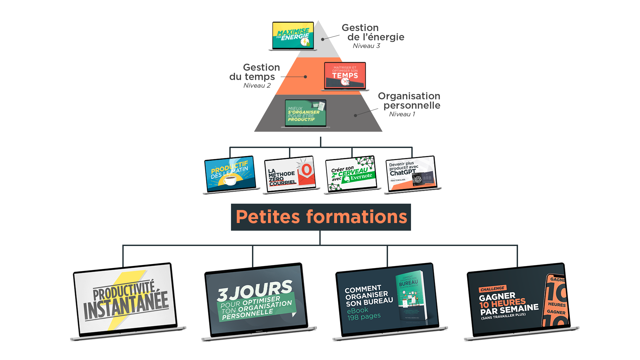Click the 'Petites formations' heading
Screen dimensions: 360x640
tap(321, 217)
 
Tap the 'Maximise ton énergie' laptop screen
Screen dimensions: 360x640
tap(293, 35)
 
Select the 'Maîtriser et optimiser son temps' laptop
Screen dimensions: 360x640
tap(345, 75)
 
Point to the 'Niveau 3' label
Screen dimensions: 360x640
tap(366, 46)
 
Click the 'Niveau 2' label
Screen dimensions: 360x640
tap(257, 86)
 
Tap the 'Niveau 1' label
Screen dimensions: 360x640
tap(402, 114)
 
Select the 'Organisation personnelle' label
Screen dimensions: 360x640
tap(409, 101)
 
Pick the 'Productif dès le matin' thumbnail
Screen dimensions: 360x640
tap(230, 173)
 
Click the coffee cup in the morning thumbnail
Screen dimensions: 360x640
tap(230, 181)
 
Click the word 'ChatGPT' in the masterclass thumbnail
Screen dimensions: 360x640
tap(403, 173)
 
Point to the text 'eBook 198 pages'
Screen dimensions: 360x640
tap(363, 314)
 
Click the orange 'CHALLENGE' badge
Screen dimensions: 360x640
tap(492, 289)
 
